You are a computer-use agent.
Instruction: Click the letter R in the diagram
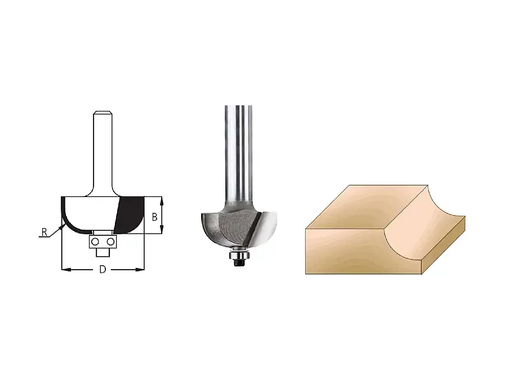click(45, 232)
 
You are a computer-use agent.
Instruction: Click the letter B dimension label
click(154, 217)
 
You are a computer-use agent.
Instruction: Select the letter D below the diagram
click(103, 270)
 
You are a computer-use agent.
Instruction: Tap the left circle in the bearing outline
click(95, 242)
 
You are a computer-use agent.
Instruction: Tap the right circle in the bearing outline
click(110, 242)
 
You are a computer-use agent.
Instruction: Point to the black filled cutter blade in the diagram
click(130, 215)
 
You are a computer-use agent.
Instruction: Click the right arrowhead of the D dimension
click(140, 269)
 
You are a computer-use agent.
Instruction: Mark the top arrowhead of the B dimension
click(162, 201)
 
